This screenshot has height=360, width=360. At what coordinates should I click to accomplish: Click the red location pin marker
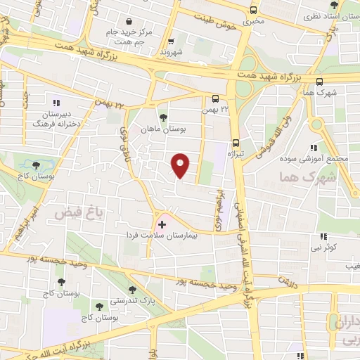pyautogui.click(x=181, y=166)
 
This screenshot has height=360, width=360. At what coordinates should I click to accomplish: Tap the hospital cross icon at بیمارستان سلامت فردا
pyautogui.click(x=162, y=224)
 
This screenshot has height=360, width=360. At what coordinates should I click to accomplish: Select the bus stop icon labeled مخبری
pyautogui.click(x=253, y=10)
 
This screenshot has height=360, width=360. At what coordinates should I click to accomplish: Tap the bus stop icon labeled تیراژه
pyautogui.click(x=236, y=139)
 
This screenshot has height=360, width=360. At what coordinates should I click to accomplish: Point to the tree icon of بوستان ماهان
pyautogui.click(x=163, y=118)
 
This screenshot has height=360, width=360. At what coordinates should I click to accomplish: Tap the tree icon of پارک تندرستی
pyautogui.click(x=132, y=290)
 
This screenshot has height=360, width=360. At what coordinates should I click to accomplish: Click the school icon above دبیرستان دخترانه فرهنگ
pyautogui.click(x=56, y=103)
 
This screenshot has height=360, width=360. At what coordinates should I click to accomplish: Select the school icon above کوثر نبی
pyautogui.click(x=323, y=236)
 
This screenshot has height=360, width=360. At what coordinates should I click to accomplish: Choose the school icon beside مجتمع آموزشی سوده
pyautogui.click(x=314, y=147)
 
